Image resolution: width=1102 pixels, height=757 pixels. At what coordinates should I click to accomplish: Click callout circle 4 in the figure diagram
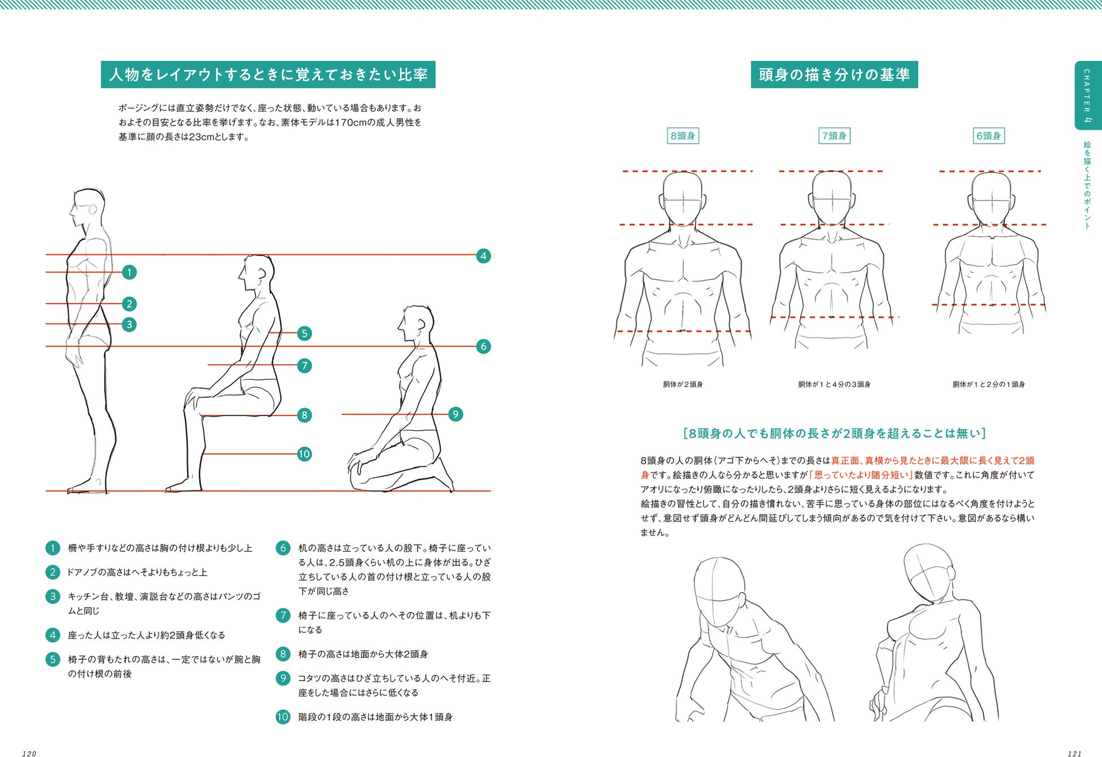point(483,256)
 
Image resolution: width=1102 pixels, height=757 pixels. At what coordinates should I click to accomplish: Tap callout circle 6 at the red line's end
point(483,347)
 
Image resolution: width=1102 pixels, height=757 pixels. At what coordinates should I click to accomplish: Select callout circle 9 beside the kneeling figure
point(455,414)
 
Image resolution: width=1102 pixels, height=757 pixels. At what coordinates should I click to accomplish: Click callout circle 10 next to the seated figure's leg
point(305,454)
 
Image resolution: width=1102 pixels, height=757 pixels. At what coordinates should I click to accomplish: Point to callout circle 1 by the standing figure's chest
point(129,272)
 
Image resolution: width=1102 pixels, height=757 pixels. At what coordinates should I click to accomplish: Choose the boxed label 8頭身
point(683,136)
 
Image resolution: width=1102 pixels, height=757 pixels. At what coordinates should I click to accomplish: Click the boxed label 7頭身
point(834,136)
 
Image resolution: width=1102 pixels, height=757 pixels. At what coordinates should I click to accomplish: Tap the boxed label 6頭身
point(988,136)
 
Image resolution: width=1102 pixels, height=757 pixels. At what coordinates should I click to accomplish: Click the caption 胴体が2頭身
point(683,384)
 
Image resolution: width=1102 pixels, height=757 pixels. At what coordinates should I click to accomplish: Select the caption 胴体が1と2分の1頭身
point(988,384)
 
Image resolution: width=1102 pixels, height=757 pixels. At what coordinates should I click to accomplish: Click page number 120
point(29,753)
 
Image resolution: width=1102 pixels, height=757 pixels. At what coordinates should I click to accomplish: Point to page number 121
point(1074,753)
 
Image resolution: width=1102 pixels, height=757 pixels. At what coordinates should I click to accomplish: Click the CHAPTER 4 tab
point(1087,95)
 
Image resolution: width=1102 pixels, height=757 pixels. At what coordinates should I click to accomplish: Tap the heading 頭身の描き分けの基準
point(834,75)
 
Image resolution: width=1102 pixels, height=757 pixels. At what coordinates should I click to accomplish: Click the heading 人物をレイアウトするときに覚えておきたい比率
point(268,75)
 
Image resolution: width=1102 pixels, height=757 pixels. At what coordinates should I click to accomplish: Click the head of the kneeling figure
point(415,325)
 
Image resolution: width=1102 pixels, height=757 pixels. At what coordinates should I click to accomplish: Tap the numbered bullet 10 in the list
point(283,717)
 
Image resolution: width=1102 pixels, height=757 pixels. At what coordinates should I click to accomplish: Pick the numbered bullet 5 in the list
point(53,659)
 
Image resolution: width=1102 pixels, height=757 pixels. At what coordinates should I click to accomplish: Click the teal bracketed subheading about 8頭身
point(834,434)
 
